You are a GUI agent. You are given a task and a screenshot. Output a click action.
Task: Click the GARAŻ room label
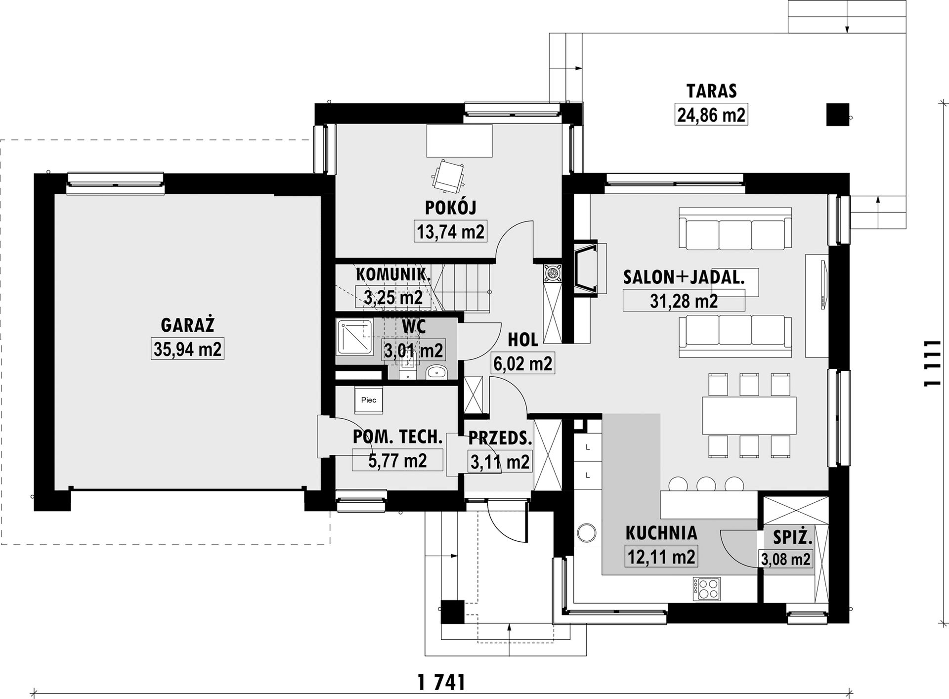tap(187, 326)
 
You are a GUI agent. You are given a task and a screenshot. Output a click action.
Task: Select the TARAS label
tap(711, 91)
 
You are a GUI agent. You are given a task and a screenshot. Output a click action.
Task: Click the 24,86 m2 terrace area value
tap(711, 115)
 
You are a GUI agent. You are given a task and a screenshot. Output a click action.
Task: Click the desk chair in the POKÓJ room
tap(448, 175)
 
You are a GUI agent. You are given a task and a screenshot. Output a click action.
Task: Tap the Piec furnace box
tap(368, 400)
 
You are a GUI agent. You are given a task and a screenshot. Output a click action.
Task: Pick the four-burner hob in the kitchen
tap(706, 589)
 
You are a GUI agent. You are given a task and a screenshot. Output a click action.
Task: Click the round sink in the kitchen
tap(587, 533)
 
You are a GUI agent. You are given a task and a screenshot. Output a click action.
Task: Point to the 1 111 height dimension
tap(932, 363)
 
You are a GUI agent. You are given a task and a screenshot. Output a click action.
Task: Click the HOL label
tap(523, 340)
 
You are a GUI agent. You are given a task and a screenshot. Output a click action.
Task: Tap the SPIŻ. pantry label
tap(793, 537)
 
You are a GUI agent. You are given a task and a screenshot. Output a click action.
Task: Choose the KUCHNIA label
tap(661, 533)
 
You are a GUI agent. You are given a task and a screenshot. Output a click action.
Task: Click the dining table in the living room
tap(749, 414)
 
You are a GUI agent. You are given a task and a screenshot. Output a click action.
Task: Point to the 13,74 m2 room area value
tap(451, 231)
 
